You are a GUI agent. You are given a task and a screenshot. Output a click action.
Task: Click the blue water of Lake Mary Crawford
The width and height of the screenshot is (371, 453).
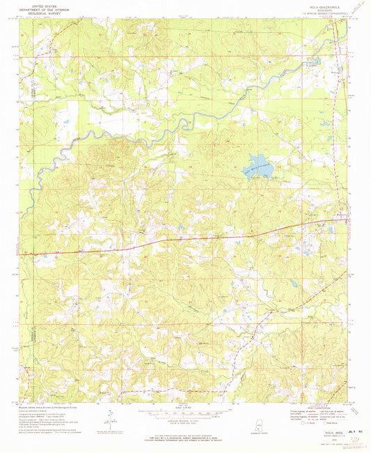tap(257, 166)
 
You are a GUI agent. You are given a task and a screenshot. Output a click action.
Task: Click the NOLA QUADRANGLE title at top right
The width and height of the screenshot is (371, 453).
tap(319, 6)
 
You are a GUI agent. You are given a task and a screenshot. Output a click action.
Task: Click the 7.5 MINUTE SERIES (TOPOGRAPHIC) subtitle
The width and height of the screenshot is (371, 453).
tap(319, 13)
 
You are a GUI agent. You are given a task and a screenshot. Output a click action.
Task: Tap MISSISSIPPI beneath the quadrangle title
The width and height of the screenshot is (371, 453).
tap(319, 10)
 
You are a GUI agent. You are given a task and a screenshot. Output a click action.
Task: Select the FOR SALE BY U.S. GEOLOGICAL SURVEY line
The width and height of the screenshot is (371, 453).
tap(185, 437)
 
